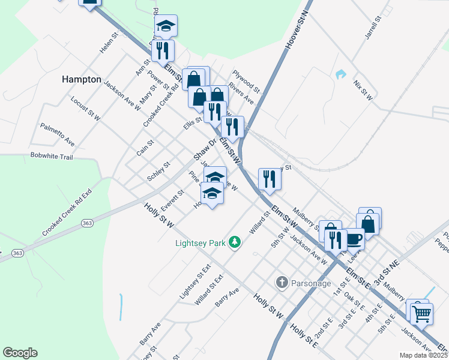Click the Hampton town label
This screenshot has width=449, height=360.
[81, 79]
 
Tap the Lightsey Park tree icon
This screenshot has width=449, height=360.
[237, 242]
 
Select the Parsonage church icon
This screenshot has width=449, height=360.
[282, 282]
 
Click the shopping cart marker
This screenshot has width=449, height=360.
[421, 313]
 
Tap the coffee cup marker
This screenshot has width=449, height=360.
[354, 239]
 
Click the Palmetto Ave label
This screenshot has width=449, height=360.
[58, 135]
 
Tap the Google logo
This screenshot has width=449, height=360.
[20, 353]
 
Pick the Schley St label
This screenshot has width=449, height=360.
[159, 171]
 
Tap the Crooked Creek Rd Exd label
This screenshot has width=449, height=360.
[67, 214]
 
